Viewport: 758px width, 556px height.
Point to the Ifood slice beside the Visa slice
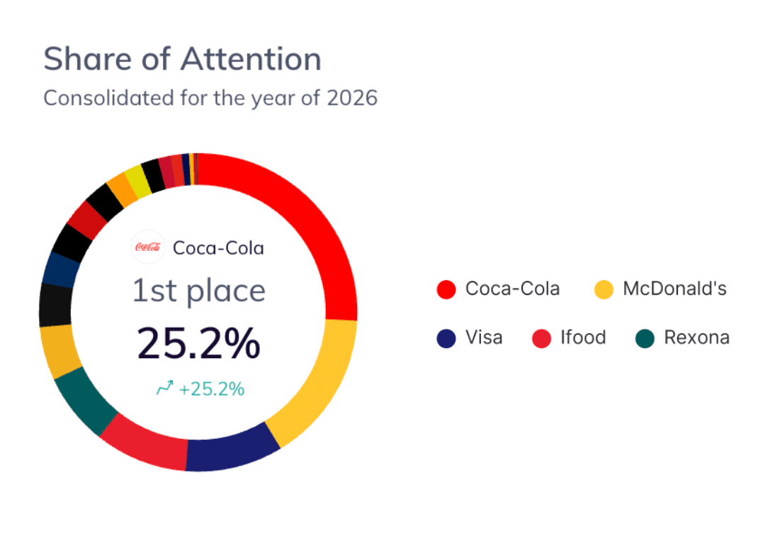(x=145, y=445)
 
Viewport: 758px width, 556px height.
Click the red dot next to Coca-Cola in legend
(x=446, y=289)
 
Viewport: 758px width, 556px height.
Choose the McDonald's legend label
(x=674, y=289)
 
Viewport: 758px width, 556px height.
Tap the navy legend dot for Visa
(x=446, y=338)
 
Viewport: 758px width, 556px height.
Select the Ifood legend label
(x=583, y=338)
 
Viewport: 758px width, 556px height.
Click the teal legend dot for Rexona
(x=645, y=338)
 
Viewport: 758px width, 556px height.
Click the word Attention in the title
(x=251, y=59)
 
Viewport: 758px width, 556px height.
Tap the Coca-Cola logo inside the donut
(x=148, y=247)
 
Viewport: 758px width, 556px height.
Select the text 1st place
(x=198, y=290)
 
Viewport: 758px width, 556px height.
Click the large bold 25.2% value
(x=198, y=343)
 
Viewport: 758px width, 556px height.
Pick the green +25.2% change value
(x=212, y=389)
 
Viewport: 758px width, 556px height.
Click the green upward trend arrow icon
(x=165, y=388)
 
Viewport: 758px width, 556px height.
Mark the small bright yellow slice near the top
(x=137, y=182)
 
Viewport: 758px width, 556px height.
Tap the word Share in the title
(x=88, y=59)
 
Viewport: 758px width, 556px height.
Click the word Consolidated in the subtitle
(x=109, y=98)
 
